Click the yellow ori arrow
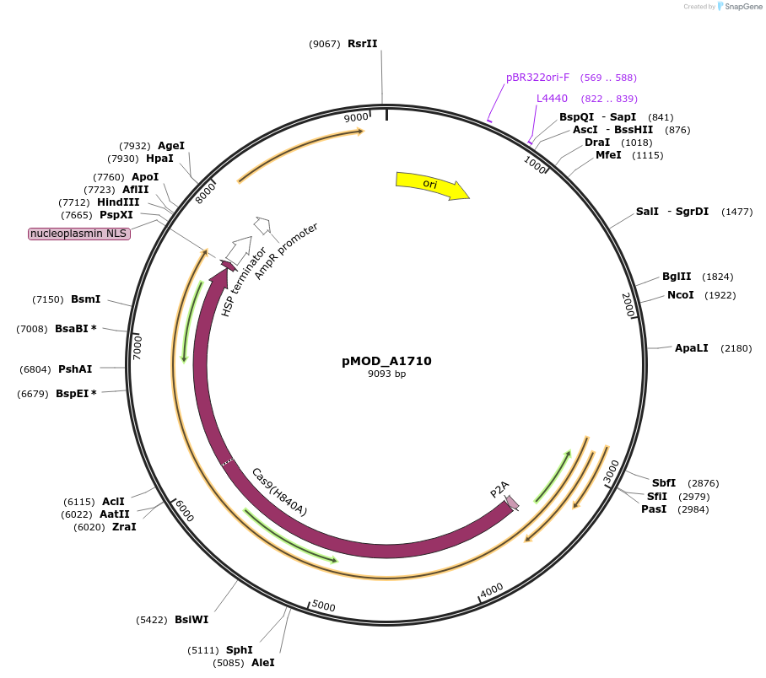tap(431, 186)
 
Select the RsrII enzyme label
tap(363, 44)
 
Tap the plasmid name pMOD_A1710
tap(386, 361)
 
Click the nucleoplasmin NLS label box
tap(79, 234)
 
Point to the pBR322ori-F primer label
tap(538, 78)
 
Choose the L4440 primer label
tap(553, 99)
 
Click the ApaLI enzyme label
tap(691, 348)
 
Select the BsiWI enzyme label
tap(191, 620)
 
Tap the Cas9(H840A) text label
tap(279, 492)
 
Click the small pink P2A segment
tap(512, 503)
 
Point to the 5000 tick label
tap(324, 606)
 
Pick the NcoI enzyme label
tap(680, 295)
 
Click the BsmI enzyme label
tap(85, 299)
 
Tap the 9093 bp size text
tap(386, 374)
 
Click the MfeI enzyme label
tap(610, 155)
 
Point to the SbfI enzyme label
tap(663, 483)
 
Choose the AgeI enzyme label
tap(171, 146)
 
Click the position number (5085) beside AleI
tap(229, 663)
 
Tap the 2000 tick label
tap(628, 304)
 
